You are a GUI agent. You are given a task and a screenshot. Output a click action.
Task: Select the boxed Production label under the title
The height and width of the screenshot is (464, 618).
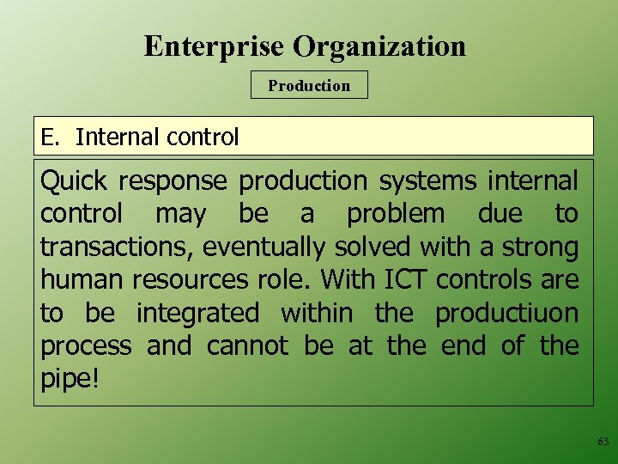coord(309,86)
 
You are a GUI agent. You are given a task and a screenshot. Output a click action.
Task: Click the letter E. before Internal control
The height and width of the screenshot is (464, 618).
coord(50,137)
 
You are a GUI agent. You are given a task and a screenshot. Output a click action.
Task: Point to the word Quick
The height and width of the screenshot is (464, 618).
coord(74,181)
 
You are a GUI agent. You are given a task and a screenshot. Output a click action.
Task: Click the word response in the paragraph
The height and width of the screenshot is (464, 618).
coord(173,181)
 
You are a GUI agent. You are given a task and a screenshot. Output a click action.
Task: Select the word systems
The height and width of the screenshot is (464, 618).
coord(427,181)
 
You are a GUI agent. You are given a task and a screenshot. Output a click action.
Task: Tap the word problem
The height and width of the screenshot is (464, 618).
coord(396,214)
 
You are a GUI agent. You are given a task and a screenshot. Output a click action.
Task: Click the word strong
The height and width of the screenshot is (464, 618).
coord(540,247)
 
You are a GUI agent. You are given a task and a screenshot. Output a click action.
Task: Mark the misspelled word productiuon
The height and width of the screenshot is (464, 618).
coord(506,313)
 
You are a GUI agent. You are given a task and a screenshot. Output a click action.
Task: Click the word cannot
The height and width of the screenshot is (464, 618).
coord(247,346)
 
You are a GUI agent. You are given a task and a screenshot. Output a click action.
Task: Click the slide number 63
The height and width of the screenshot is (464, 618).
coord(603,442)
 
